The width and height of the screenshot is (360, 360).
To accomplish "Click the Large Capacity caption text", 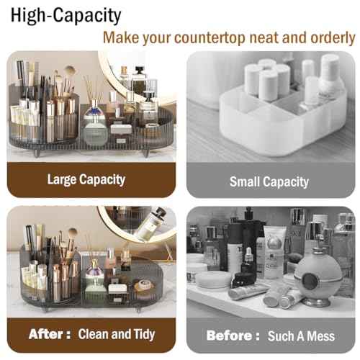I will (x=86, y=179).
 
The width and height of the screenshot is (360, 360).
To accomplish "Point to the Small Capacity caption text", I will (x=269, y=181).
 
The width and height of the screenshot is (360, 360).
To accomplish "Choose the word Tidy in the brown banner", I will (x=143, y=335).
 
